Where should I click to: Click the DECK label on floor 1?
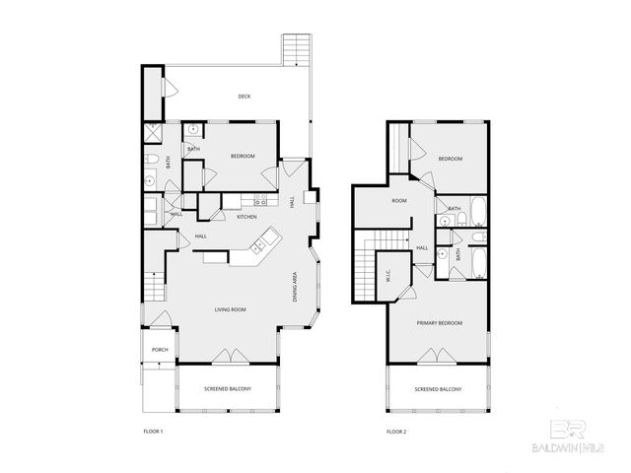tap(245, 97)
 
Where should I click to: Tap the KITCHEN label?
tap(246, 217)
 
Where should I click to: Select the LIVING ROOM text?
tap(231, 310)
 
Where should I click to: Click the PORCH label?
tap(159, 350)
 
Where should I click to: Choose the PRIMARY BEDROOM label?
tap(439, 323)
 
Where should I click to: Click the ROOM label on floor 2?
tap(399, 201)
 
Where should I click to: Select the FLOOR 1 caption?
tap(153, 432)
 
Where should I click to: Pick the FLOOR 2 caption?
tap(396, 432)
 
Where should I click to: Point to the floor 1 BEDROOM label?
tap(243, 157)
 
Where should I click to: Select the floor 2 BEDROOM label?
tap(451, 160)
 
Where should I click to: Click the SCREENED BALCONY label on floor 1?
tap(228, 389)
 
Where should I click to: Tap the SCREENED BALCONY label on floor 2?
tap(439, 389)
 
